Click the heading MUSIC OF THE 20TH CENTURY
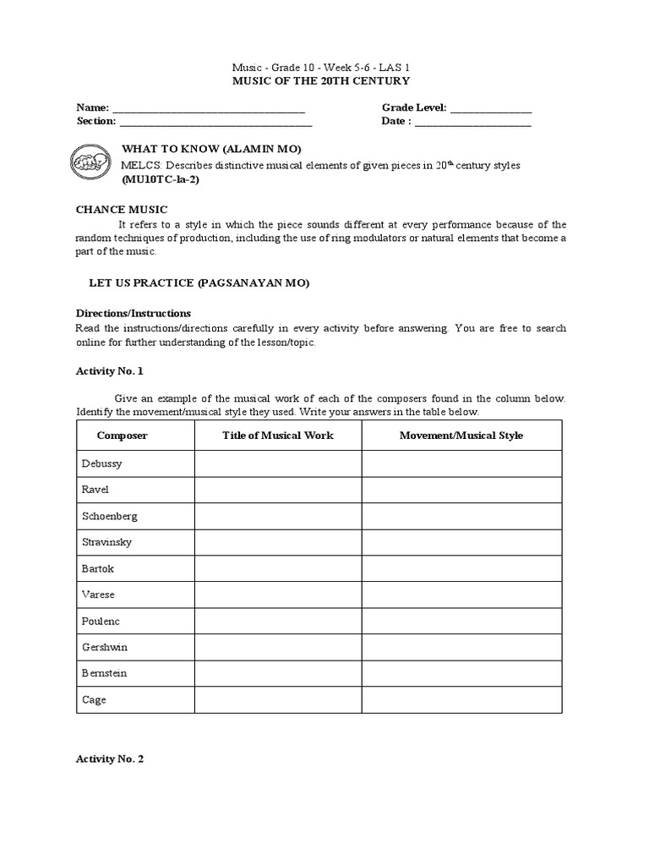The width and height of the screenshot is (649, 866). click(321, 81)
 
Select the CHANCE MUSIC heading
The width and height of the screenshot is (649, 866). click(122, 210)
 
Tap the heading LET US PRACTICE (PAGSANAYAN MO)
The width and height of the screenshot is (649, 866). click(199, 282)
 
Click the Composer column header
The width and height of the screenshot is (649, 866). click(123, 436)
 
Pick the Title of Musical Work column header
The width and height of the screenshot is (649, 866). click(278, 436)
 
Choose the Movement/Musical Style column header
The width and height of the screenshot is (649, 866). click(461, 436)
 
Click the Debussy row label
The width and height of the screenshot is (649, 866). click(102, 464)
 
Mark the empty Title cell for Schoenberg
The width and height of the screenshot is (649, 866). click(278, 517)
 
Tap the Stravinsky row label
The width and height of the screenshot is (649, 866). click(106, 542)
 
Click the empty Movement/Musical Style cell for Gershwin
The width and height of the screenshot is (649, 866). click(461, 648)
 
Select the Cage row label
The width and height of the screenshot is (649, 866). click(95, 700)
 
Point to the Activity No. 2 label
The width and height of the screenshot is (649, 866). click(110, 759)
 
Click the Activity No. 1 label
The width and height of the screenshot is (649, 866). click(110, 370)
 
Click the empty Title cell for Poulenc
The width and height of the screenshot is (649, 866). click(278, 622)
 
